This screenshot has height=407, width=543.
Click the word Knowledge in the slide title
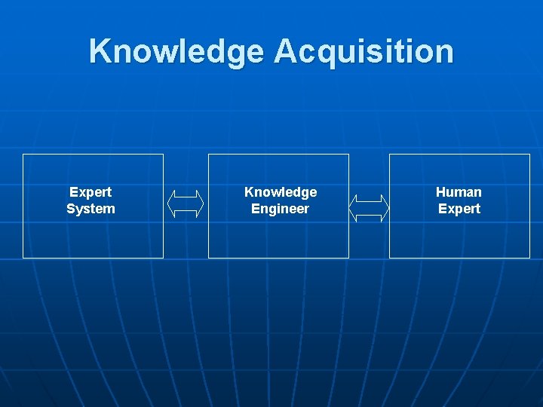coord(177,52)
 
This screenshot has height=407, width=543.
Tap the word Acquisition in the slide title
coord(364,52)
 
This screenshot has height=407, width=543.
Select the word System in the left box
coord(90,209)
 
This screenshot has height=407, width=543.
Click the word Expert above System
coord(90,192)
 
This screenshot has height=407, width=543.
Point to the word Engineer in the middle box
coord(280,209)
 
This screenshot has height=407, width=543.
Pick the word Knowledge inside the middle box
coord(281,192)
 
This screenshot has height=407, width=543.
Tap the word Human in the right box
coord(459,192)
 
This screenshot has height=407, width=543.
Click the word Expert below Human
coord(459,209)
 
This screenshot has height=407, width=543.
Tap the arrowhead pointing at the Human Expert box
coord(385,208)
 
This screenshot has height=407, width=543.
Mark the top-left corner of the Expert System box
coord(23,155)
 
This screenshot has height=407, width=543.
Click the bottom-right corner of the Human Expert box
coord(529,258)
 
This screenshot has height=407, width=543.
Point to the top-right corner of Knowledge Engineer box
coord(348,155)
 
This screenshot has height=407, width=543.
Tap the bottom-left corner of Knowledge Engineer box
coord(209,258)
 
